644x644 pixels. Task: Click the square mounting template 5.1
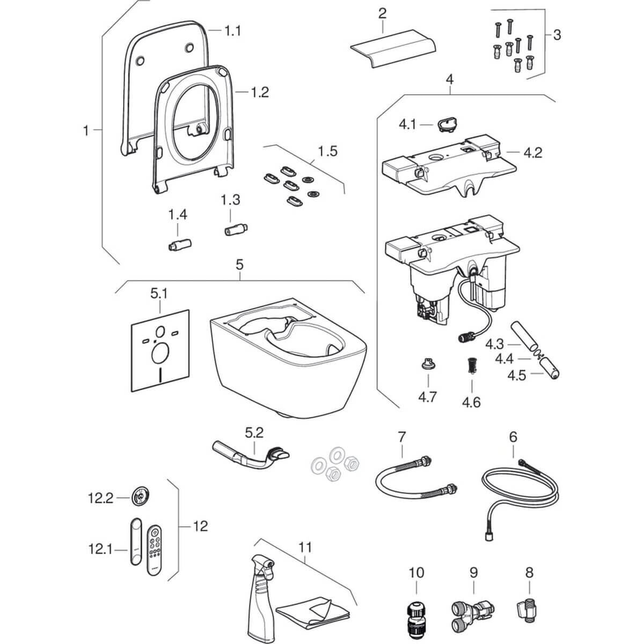click(x=160, y=349)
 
